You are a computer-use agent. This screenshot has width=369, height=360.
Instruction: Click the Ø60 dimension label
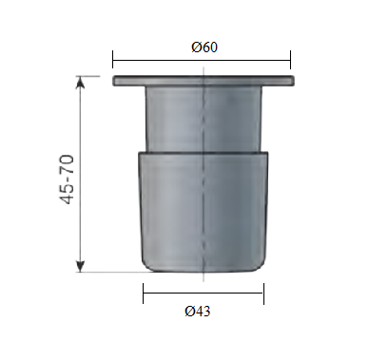[204, 47]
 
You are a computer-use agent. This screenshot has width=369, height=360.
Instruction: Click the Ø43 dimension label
[197, 312]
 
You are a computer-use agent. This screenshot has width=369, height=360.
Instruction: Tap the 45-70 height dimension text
[68, 180]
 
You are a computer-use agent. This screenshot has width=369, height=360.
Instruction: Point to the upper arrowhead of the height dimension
[81, 82]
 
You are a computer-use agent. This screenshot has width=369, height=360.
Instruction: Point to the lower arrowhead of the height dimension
[81, 266]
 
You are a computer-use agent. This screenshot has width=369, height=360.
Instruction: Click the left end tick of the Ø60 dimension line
[112, 60]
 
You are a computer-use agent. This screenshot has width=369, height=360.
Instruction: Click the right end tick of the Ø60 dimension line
[290, 60]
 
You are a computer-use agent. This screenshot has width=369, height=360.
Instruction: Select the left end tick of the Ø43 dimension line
[144, 294]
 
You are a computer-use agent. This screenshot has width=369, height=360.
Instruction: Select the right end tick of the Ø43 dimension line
[263, 294]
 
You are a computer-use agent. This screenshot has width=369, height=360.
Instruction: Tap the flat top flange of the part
[204, 81]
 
